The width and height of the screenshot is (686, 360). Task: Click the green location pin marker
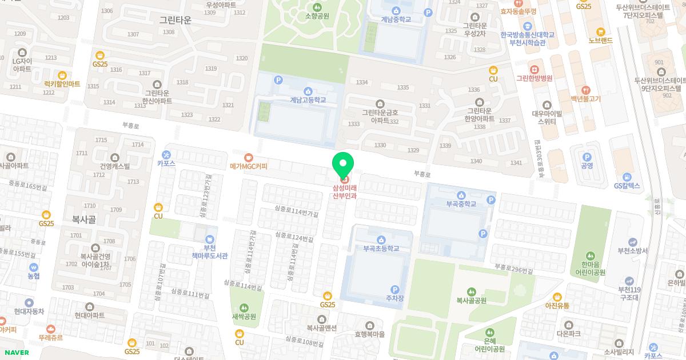pos(343,166)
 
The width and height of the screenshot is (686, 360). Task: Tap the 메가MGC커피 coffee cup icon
pos(248,157)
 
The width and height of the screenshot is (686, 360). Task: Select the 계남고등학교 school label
pos(308,100)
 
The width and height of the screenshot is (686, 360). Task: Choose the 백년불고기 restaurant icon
pos(585,90)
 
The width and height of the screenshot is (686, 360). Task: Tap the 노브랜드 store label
pos(600,41)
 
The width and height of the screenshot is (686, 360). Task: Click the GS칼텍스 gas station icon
pos(627,177)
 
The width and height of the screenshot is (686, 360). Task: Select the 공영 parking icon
pos(587,157)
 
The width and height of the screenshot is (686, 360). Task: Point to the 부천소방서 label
pos(632,251)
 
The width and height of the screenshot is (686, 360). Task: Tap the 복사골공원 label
pos(471,301)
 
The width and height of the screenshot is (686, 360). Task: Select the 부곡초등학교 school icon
pos(381,239)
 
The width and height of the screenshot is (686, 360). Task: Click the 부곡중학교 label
pos(461,204)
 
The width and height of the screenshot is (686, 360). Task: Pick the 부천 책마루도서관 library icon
pos(210,238)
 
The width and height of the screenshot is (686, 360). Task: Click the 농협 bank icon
pos(34,267)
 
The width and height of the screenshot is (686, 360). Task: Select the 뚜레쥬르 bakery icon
pos(50,329)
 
